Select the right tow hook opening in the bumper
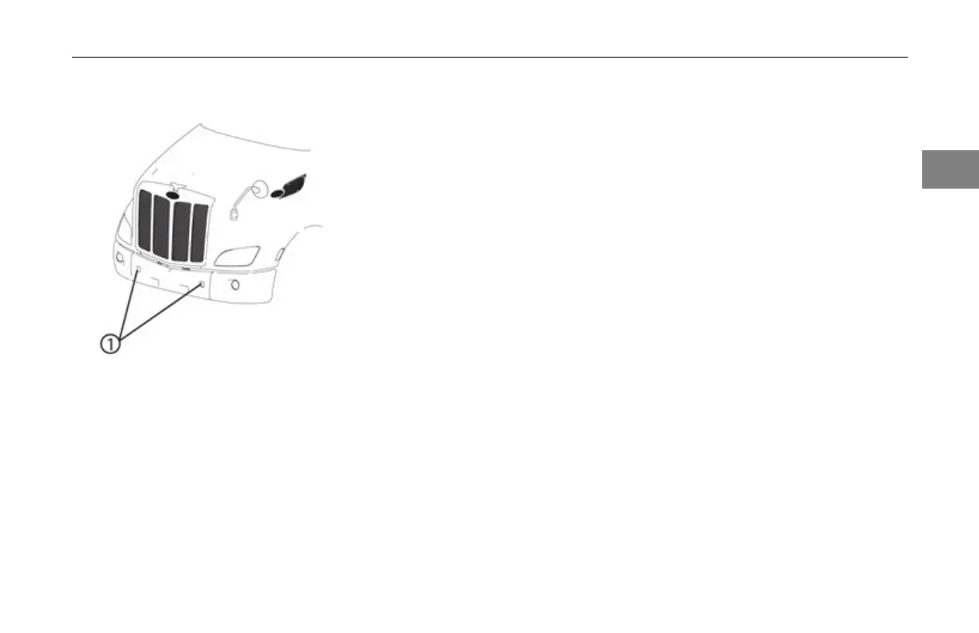click(202, 285)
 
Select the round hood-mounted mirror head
click(258, 190)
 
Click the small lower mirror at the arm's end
click(233, 213)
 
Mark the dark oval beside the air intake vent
click(278, 193)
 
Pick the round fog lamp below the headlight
click(235, 285)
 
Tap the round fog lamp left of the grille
click(120, 257)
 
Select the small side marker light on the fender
click(279, 255)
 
